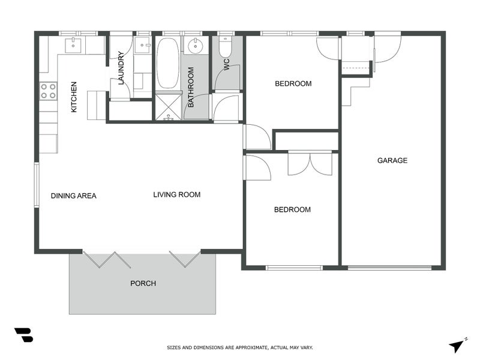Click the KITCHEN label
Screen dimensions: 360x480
(74, 97)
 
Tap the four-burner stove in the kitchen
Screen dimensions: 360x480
(48, 91)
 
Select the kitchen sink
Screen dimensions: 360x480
(73, 44)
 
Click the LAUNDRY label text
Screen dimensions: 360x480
(121, 68)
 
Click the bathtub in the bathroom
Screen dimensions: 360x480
(167, 64)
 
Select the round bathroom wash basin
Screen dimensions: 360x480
(195, 46)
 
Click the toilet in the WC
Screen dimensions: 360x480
(225, 47)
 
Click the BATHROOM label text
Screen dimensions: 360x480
(191, 87)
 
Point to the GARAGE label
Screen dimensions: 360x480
(392, 160)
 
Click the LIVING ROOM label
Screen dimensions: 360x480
(176, 194)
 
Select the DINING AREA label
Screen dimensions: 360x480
(73, 196)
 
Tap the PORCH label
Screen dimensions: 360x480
(143, 283)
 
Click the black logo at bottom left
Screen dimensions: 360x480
(23, 335)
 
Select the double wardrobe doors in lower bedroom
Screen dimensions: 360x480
(310, 164)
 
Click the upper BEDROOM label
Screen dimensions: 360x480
(293, 83)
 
